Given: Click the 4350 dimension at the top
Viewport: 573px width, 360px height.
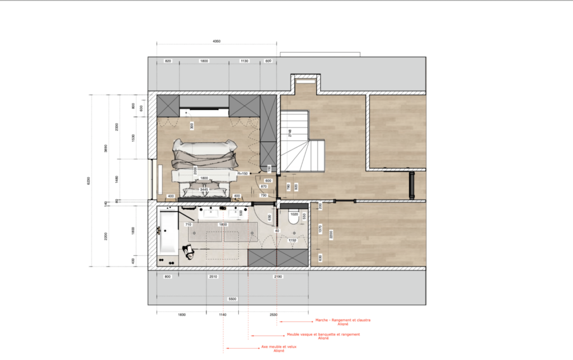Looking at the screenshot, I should tap(217, 41).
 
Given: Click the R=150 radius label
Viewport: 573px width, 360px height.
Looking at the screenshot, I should tap(242, 174).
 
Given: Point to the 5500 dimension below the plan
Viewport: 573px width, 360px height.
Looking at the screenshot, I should tap(232, 299).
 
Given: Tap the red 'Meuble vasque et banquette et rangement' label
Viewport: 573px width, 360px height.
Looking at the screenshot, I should tap(323, 335).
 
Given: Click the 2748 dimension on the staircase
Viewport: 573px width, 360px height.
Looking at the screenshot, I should tap(290, 133).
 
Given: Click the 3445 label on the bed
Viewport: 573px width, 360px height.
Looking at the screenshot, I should tap(204, 190).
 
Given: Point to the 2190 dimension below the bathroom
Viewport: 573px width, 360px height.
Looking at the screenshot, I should tap(278, 277).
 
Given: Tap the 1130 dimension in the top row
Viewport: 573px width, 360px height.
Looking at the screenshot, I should tap(244, 60).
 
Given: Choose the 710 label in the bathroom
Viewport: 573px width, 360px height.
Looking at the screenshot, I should tap(189, 225).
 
